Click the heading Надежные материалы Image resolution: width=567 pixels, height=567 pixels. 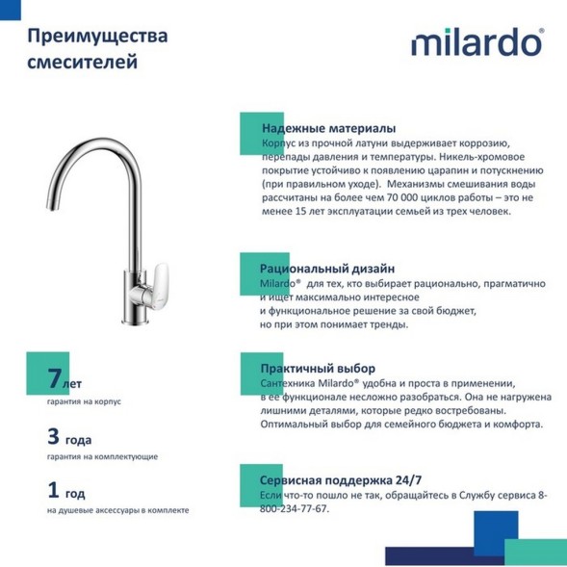pyautogui.click(x=328, y=128)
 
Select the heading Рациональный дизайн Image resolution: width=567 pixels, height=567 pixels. pyautogui.click(x=327, y=269)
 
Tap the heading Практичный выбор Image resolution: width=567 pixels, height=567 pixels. pyautogui.click(x=318, y=369)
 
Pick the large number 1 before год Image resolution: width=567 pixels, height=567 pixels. pyautogui.click(x=55, y=490)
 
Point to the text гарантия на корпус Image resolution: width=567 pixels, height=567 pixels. pyautogui.click(x=84, y=401)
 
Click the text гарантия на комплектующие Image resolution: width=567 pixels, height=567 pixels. pyautogui.click(x=102, y=456)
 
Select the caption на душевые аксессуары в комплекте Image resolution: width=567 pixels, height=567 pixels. pyautogui.click(x=117, y=510)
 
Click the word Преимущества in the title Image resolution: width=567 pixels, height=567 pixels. pyautogui.click(x=97, y=37)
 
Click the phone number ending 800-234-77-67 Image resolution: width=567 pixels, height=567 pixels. pyautogui.click(x=295, y=508)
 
